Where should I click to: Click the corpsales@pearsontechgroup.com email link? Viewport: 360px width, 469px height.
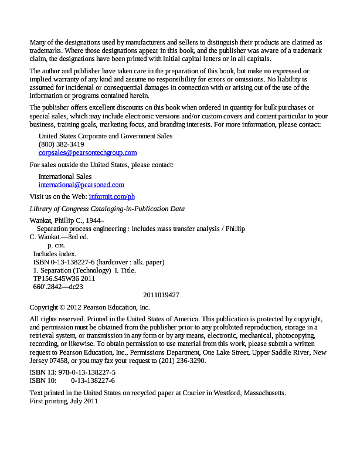point(87,152)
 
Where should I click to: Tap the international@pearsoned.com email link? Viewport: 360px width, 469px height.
point(81,185)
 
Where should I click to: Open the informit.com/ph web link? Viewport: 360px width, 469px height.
point(111,196)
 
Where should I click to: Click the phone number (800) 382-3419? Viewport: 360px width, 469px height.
point(61,144)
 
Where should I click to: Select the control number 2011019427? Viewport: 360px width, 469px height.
point(161,295)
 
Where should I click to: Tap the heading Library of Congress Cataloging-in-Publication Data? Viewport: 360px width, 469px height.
point(107,209)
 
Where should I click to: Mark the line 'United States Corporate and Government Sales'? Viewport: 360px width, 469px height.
point(106,136)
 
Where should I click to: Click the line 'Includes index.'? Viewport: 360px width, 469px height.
point(55,254)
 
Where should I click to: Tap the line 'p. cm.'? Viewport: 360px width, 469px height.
point(56,246)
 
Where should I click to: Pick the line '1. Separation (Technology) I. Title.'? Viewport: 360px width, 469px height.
point(84,270)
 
